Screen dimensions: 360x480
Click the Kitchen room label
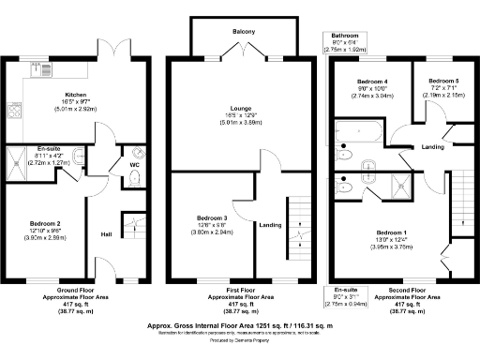[75, 95]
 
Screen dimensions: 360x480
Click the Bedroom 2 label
[44, 223]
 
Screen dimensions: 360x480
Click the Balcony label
[244, 31]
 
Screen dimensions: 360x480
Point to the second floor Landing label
[432, 147]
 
